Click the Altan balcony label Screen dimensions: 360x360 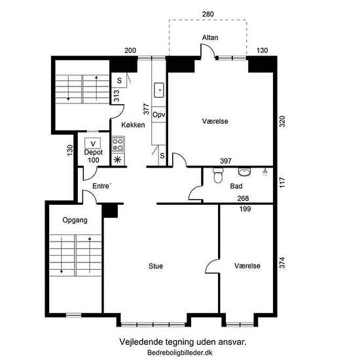[x=210, y=37]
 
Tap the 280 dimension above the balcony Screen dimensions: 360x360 [x=207, y=14]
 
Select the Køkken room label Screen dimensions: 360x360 [x=133, y=125]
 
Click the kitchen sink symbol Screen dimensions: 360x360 [x=159, y=90]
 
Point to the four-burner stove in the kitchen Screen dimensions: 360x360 [x=118, y=144]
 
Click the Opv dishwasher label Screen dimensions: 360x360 [x=159, y=115]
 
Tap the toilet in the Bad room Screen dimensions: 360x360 [x=218, y=175]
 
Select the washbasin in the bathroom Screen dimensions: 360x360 [x=245, y=172]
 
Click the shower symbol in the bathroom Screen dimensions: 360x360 [x=265, y=171]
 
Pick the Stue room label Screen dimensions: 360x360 [x=156, y=266]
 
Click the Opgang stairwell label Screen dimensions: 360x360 [x=75, y=220]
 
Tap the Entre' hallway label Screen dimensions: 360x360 [x=101, y=186]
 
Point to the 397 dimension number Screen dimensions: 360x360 [x=226, y=161]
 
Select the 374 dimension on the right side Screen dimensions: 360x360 [x=282, y=262]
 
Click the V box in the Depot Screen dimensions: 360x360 [x=93, y=143]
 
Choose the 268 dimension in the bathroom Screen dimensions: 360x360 [x=243, y=198]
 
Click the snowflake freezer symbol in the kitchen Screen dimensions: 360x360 [x=118, y=160]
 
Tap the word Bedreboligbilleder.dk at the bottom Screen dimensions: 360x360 [x=180, y=352]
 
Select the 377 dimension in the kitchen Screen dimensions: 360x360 [x=146, y=109]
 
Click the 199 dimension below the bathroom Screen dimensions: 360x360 [x=245, y=209]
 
